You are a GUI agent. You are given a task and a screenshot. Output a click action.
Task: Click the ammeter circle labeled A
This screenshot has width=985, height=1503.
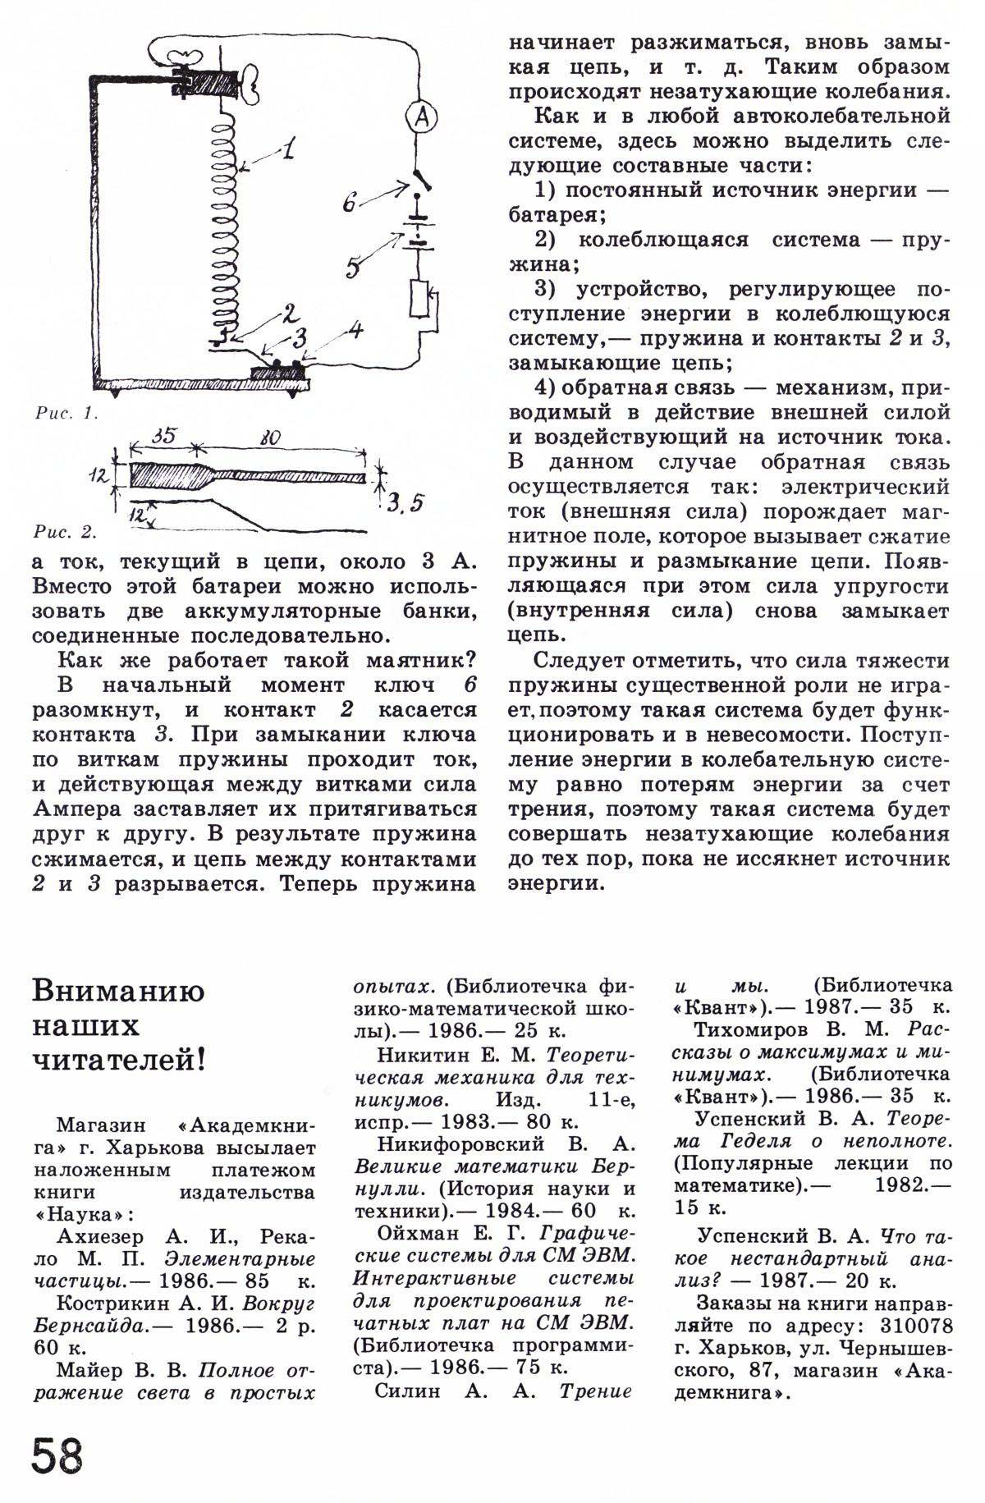422,120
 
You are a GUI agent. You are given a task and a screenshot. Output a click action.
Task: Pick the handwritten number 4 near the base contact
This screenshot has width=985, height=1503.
354,331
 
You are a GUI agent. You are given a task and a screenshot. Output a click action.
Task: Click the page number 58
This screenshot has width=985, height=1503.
58,1456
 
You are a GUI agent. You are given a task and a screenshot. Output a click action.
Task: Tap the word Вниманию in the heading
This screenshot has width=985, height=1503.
118,991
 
